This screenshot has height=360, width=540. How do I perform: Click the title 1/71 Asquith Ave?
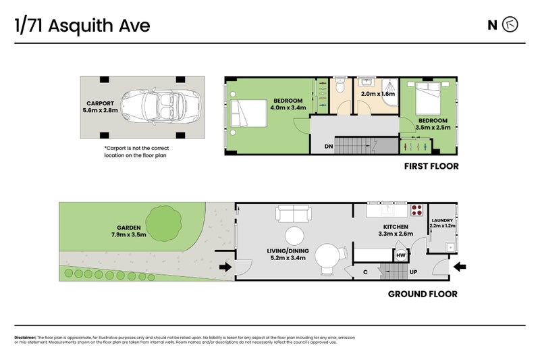[82, 26]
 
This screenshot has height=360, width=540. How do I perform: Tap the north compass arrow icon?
[511, 26]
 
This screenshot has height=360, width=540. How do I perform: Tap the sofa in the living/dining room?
[293, 214]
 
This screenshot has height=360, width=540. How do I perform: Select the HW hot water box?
[400, 255]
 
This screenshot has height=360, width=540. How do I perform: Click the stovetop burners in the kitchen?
[416, 209]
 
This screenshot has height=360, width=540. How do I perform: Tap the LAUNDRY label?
[442, 220]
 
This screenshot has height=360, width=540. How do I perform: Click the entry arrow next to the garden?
[225, 268]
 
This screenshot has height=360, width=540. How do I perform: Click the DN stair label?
[328, 146]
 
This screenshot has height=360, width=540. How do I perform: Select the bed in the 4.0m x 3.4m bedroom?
[246, 113]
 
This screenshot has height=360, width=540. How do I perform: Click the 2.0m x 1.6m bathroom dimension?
[377, 95]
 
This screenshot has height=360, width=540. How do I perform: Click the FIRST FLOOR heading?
[431, 166]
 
